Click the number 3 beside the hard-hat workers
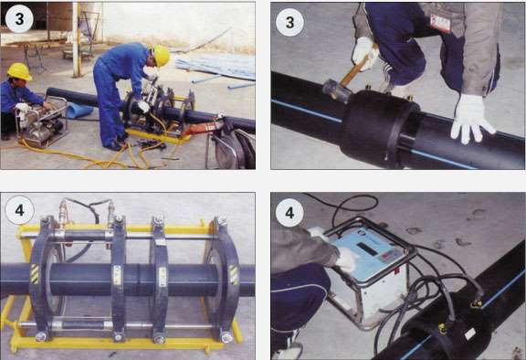[x=19, y=19]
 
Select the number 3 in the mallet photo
[x=289, y=23]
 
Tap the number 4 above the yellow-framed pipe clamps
[x=19, y=210]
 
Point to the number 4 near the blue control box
[x=289, y=213]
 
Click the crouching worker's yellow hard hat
[x=19, y=71]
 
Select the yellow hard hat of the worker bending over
[x=161, y=56]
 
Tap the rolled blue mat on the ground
[x=79, y=111]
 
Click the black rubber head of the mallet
[x=336, y=90]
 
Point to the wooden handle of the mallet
[x=356, y=69]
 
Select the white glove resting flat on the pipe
[x=472, y=119]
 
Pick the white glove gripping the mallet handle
[x=364, y=53]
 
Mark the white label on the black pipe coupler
[x=470, y=334]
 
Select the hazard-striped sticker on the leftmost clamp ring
[x=35, y=274]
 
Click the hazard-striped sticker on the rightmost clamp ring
[x=234, y=275]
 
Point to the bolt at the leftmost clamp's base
[x=40, y=336]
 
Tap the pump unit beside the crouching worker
[x=41, y=122]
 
